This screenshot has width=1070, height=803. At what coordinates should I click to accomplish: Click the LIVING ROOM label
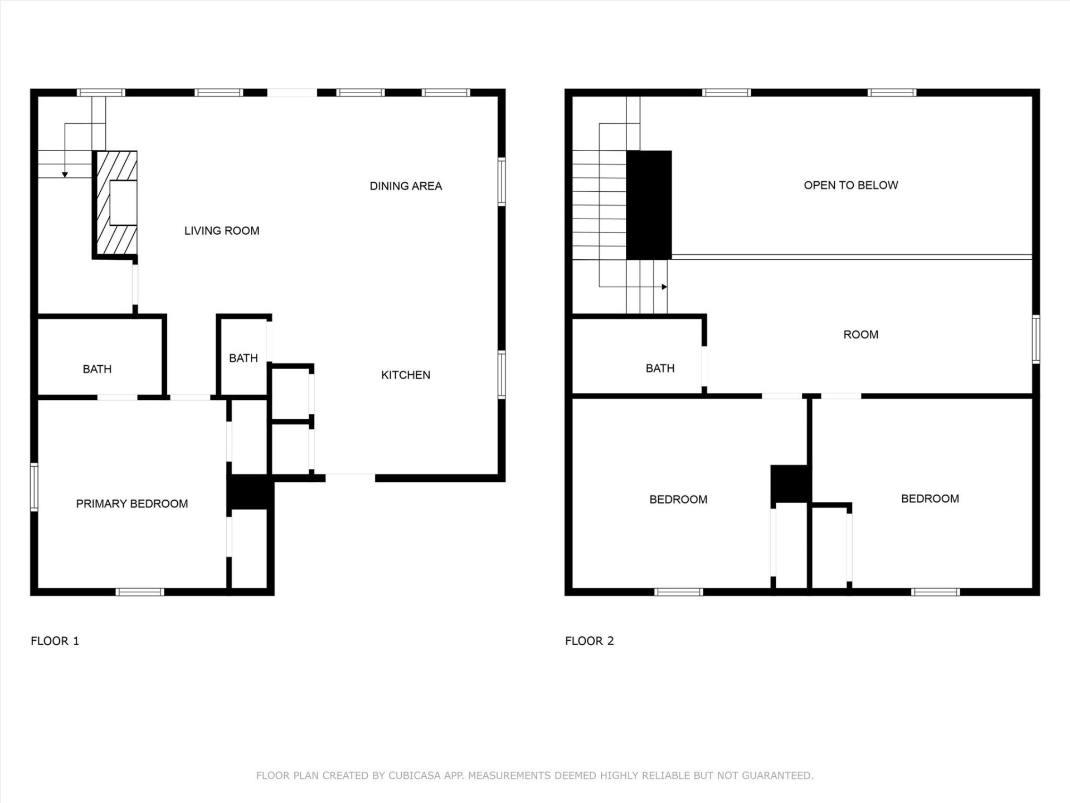click(x=222, y=231)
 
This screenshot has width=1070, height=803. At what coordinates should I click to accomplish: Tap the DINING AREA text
click(x=406, y=186)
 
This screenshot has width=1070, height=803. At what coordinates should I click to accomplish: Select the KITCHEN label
click(x=406, y=375)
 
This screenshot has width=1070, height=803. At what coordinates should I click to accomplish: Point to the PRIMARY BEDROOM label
click(x=132, y=504)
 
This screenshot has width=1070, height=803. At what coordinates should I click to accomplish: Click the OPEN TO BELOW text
click(x=850, y=185)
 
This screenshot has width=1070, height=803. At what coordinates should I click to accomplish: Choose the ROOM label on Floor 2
click(x=860, y=335)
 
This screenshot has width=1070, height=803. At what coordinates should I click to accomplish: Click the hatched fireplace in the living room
click(x=115, y=204)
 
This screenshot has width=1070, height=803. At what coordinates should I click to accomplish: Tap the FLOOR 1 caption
click(x=55, y=641)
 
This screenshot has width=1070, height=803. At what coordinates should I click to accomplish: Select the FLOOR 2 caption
click(x=589, y=641)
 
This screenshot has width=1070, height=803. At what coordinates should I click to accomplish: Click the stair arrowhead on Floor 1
click(x=65, y=175)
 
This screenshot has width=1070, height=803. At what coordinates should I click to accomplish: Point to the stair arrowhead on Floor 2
click(x=664, y=287)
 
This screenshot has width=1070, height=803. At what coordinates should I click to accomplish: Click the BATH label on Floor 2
click(x=660, y=369)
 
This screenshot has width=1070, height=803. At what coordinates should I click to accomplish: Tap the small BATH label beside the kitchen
click(x=243, y=358)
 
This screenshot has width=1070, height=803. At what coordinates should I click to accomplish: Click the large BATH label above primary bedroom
click(x=97, y=369)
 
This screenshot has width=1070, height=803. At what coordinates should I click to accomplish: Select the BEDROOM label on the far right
click(x=930, y=499)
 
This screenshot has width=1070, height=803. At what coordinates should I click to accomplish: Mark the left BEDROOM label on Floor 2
click(x=678, y=500)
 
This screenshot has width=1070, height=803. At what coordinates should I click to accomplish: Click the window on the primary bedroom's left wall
click(x=34, y=487)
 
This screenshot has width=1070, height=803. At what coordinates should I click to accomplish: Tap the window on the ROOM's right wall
click(x=1035, y=339)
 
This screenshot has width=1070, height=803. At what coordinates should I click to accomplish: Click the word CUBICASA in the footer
click(x=415, y=776)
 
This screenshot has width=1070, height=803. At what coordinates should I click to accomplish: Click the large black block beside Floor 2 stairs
click(x=649, y=205)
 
